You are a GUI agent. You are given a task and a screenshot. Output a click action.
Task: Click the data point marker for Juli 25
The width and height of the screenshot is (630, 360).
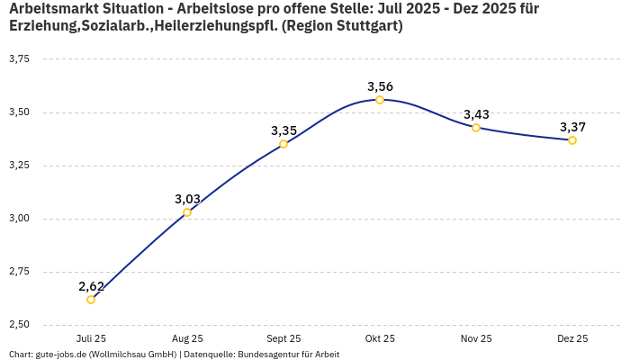pos(91,300)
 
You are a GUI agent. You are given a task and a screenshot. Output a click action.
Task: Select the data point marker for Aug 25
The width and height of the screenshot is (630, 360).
pos(187,212)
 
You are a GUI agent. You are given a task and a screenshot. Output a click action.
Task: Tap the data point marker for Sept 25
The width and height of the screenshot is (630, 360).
pos(283,144)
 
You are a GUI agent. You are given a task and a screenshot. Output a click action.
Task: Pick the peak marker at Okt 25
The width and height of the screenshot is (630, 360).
pos(380,100)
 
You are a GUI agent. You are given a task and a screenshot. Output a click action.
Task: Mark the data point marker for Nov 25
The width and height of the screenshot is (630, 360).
pos(476,128)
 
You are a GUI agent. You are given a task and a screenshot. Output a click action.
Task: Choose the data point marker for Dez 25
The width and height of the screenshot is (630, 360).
pos(572,140)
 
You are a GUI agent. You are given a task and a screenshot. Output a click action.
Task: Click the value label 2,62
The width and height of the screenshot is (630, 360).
pos(91,286)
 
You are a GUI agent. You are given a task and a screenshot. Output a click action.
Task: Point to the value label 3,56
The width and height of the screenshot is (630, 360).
pos(380,86)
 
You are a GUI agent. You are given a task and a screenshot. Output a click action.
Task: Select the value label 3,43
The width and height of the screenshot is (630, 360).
pos(476,114)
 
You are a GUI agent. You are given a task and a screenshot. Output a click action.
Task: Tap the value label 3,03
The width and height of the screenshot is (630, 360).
pos(187,199)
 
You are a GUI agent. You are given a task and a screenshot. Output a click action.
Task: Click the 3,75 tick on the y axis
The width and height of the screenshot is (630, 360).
pos(19,59)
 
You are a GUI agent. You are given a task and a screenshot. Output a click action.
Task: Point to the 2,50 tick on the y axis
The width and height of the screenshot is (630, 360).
pos(19,324)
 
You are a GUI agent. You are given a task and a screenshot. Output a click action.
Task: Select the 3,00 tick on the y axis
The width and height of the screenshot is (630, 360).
pos(19,219)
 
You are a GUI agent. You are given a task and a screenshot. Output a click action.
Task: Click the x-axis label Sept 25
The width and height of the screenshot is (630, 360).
pos(283,338)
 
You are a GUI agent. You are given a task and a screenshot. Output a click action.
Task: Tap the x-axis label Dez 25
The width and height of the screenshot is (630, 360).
pos(572,338)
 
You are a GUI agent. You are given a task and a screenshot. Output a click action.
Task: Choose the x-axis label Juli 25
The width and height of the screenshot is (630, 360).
pos(91,338)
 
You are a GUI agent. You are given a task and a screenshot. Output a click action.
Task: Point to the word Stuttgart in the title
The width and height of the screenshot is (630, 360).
pos(364,26)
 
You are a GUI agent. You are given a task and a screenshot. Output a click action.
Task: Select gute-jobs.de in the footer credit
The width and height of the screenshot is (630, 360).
pos(60,355)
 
